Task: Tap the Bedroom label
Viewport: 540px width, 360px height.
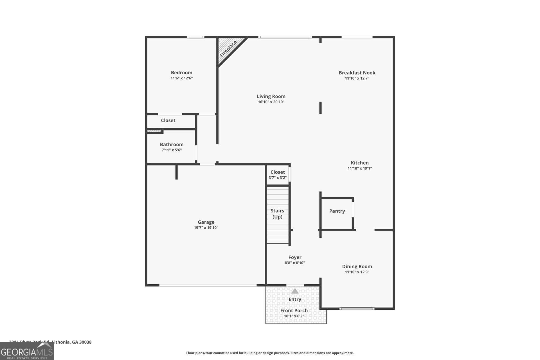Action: click(x=181, y=73)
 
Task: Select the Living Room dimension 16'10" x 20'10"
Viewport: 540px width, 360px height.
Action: click(x=271, y=102)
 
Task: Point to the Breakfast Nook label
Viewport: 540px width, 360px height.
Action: click(x=357, y=73)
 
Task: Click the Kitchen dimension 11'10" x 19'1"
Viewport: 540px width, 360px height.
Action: click(x=359, y=168)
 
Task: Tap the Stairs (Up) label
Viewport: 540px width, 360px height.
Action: click(x=277, y=214)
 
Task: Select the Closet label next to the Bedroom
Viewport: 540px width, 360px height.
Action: click(x=168, y=120)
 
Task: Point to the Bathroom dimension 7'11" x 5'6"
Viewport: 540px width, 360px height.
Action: click(x=172, y=150)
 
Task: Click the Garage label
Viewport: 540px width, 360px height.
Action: click(x=206, y=222)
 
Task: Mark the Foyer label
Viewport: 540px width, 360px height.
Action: click(x=295, y=257)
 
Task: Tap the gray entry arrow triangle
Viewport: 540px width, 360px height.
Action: click(x=295, y=291)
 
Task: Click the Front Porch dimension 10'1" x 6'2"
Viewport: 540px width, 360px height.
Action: click(x=294, y=316)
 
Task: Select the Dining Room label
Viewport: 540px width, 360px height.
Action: click(x=357, y=266)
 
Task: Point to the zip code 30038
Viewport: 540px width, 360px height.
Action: click(x=86, y=342)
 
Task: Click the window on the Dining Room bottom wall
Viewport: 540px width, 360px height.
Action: click(x=357, y=309)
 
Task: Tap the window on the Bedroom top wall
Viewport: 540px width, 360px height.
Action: click(x=196, y=37)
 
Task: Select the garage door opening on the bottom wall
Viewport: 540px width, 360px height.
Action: click(x=208, y=285)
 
